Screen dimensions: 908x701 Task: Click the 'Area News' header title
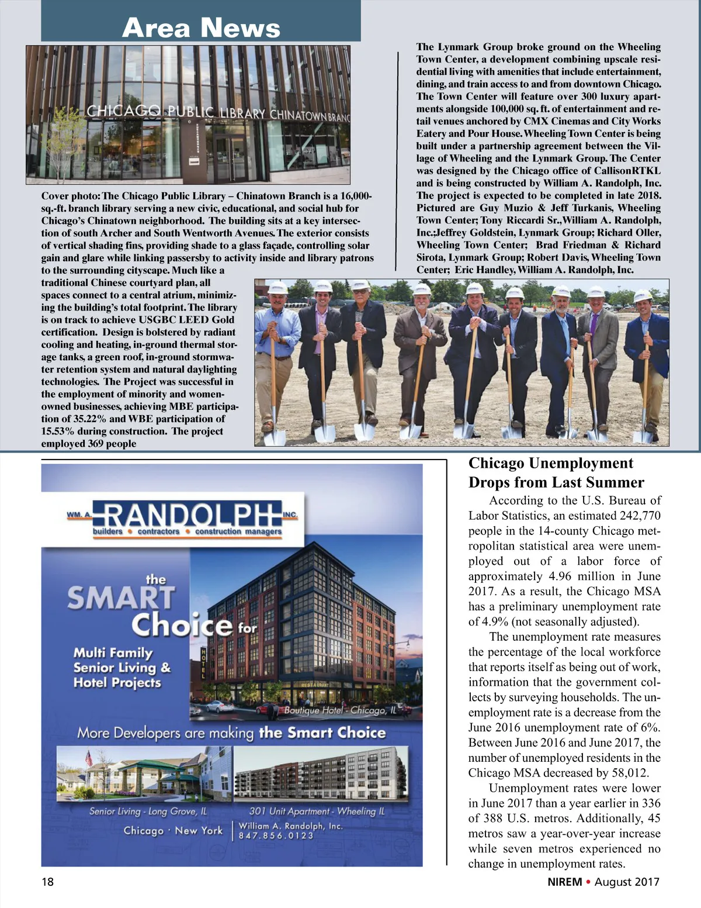click(201, 27)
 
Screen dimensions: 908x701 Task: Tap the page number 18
click(47, 881)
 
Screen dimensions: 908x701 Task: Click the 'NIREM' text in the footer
click(561, 882)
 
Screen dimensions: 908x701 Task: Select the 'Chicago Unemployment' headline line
click(550, 463)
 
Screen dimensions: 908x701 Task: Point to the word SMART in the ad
click(121, 598)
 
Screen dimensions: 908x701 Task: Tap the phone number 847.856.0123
click(276, 836)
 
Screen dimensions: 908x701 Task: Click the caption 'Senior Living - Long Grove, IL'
click(148, 811)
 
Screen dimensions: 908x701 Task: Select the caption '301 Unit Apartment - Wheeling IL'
click(317, 811)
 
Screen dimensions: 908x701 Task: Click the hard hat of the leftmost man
click(277, 288)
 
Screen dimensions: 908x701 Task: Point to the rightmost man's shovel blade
click(643, 436)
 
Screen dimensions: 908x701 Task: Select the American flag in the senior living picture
click(89, 758)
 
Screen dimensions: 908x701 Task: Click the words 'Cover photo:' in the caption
click(71, 196)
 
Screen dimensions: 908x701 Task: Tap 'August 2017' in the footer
click(627, 882)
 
